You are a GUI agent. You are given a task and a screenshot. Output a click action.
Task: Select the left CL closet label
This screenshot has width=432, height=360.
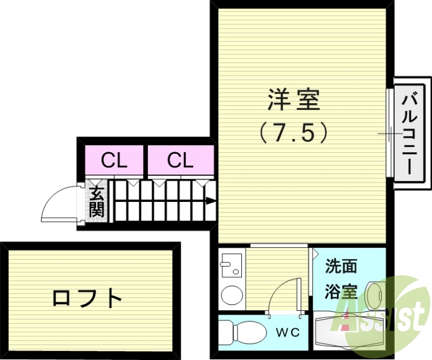tap(114, 160)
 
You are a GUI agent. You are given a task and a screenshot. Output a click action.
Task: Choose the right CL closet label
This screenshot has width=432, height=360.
tap(180, 160)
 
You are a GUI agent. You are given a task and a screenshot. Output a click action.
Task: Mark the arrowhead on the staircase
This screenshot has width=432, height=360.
tap(211, 202)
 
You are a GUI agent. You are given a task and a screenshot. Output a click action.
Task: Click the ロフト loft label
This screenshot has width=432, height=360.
tap(87, 298)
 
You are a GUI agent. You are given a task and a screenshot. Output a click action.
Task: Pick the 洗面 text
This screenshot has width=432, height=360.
tap(341, 267)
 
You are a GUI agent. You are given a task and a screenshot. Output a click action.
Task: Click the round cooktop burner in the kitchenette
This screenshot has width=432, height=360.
tap(232, 295)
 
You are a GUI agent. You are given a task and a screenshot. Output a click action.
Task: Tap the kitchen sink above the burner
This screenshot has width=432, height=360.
tap(231, 265)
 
